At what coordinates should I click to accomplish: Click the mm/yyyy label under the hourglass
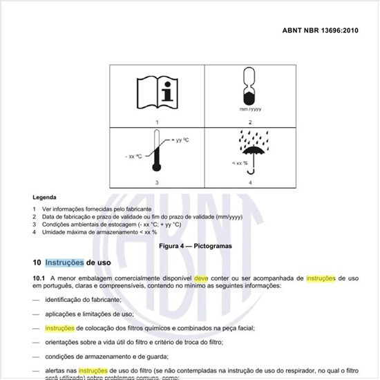[x=249, y=109]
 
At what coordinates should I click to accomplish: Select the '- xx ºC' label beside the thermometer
[x=135, y=157]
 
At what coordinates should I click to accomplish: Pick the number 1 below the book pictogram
[x=156, y=121]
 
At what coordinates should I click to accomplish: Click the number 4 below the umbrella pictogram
[x=249, y=182]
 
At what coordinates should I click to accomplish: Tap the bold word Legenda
[x=45, y=198]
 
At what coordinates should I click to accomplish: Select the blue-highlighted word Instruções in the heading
[x=64, y=263]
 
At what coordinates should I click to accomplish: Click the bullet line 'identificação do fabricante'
[x=83, y=299]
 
